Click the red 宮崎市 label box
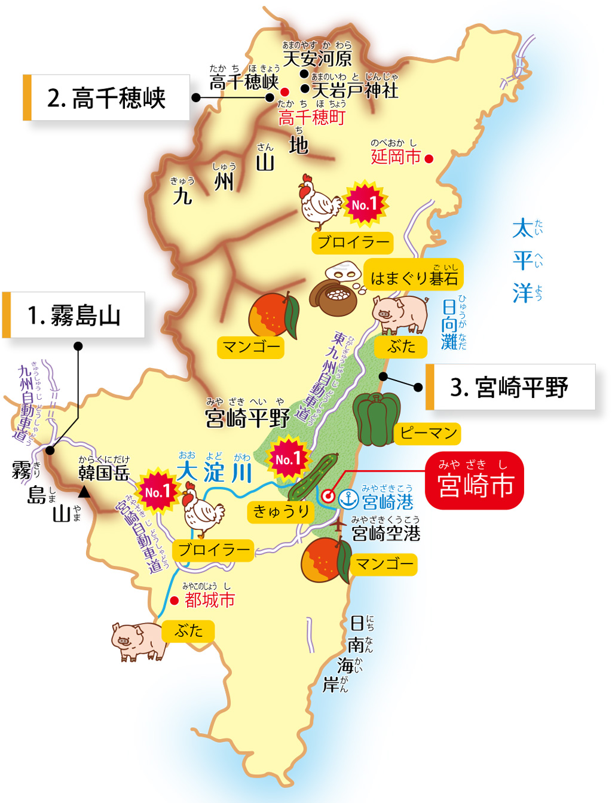(475, 480)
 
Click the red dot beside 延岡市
(429, 158)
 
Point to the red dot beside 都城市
(174, 600)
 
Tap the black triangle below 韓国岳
(84, 492)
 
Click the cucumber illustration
(314, 477)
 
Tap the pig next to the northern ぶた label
(399, 313)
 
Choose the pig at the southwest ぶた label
(137, 640)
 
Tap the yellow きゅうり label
(280, 511)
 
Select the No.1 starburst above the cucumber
(288, 459)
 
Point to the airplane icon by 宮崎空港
(339, 525)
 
